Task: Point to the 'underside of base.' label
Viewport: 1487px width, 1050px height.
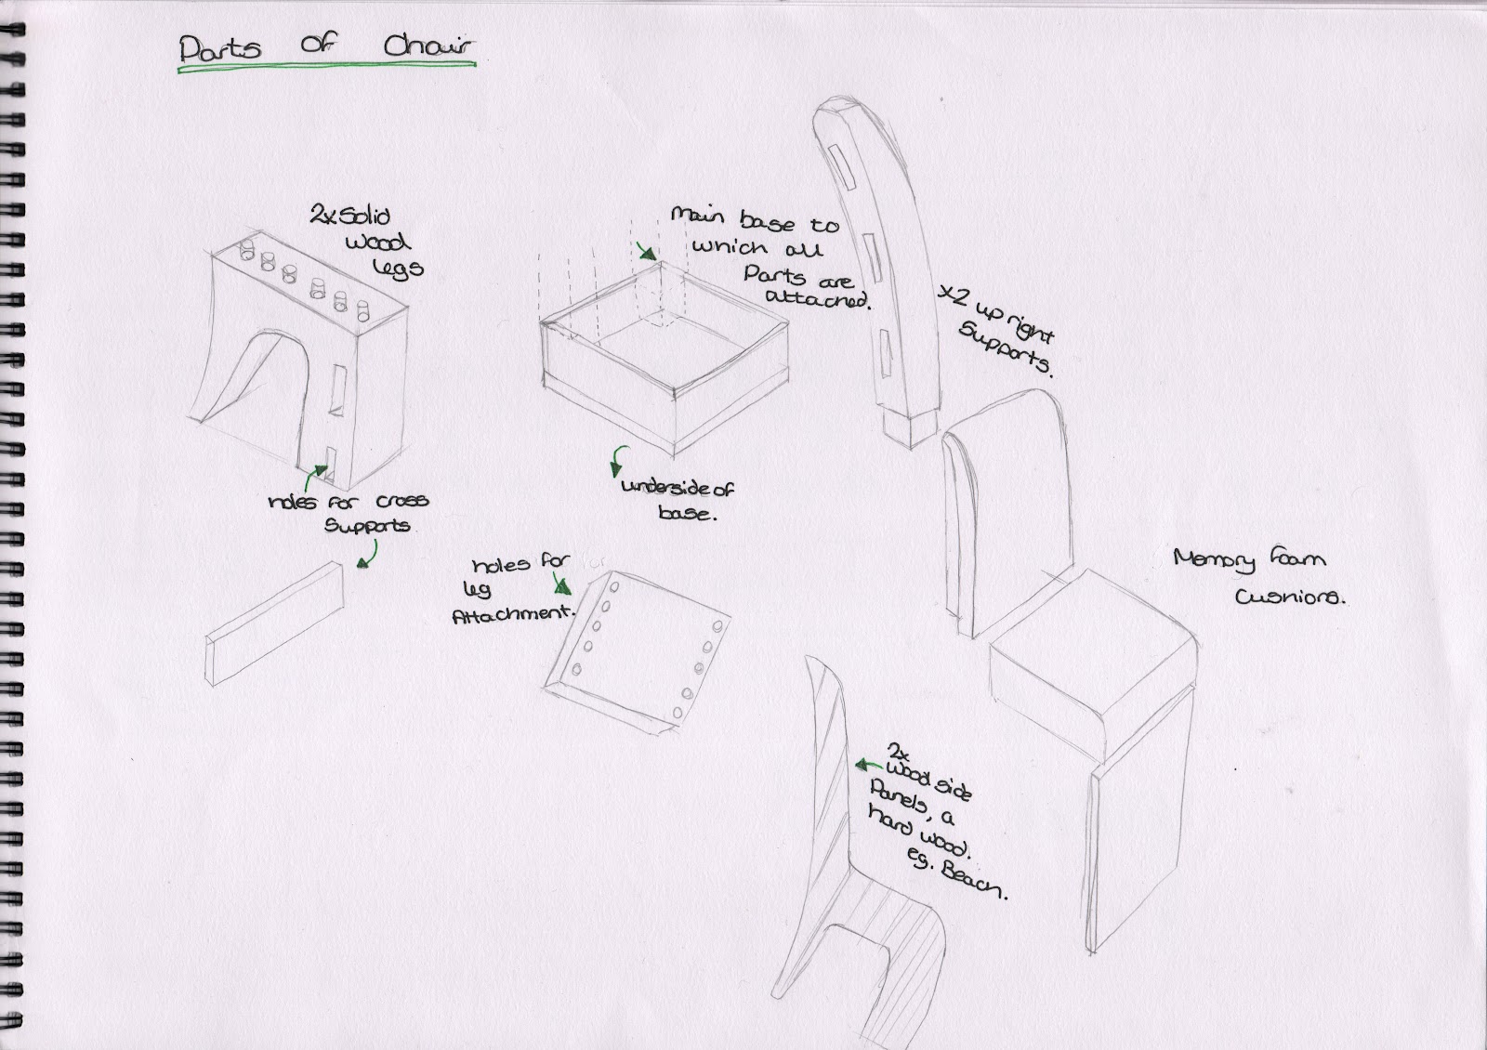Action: pyautogui.click(x=677, y=500)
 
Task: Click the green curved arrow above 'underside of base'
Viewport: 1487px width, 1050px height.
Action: pyautogui.click(x=616, y=460)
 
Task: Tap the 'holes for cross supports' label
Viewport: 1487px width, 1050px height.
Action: pyautogui.click(x=349, y=513)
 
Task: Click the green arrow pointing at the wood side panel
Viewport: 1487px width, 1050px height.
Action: pyautogui.click(x=868, y=765)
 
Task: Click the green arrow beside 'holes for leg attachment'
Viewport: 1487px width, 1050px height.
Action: pyautogui.click(x=561, y=584)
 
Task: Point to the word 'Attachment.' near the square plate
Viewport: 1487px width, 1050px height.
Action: pyautogui.click(x=512, y=614)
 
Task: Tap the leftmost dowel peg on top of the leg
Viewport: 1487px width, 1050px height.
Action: pyautogui.click(x=248, y=248)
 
